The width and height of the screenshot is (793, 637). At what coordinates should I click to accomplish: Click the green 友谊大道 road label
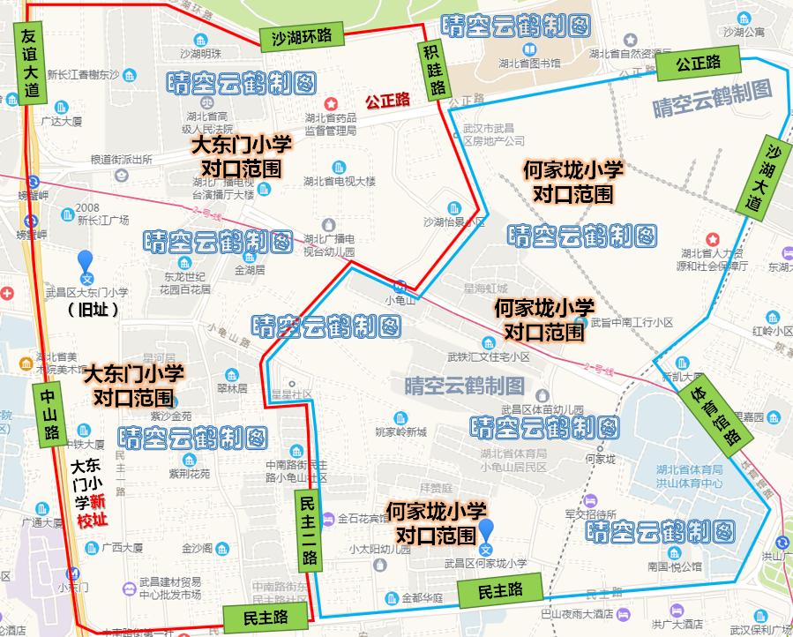29,63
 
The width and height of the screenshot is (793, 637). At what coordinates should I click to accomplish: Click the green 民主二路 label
308,528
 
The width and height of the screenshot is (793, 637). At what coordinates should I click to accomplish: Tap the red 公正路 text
388,100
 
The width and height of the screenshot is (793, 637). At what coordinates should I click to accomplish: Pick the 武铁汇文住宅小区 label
489,357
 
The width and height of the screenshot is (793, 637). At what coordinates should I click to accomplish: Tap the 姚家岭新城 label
400,432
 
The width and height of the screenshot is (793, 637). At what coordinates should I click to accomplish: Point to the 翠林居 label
233,388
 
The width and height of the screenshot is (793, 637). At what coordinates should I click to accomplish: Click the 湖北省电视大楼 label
339,181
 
